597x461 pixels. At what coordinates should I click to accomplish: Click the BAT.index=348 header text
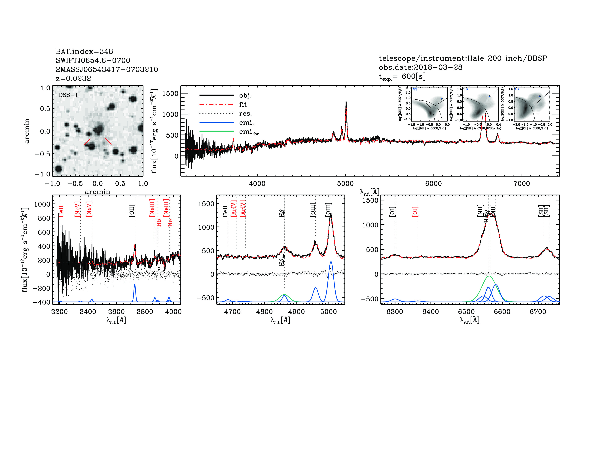tap(84, 51)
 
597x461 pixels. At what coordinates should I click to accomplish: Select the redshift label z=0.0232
tap(73, 78)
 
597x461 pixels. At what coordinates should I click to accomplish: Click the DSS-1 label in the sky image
tap(68, 95)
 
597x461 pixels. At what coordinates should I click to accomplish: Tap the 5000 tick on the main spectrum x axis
tap(345, 183)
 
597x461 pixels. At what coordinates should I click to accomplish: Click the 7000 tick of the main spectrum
tap(522, 183)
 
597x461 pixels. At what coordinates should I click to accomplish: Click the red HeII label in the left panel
tap(61, 211)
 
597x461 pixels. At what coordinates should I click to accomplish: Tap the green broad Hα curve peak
tap(489, 276)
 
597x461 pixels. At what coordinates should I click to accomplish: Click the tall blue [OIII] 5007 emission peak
tap(331, 262)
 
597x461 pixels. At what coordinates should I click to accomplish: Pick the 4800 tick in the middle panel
tap(264, 312)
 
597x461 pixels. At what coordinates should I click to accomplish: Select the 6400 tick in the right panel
tap(431, 312)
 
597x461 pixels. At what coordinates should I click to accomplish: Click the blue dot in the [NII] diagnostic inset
tap(441, 99)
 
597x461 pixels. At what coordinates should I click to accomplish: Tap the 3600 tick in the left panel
tap(116, 312)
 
